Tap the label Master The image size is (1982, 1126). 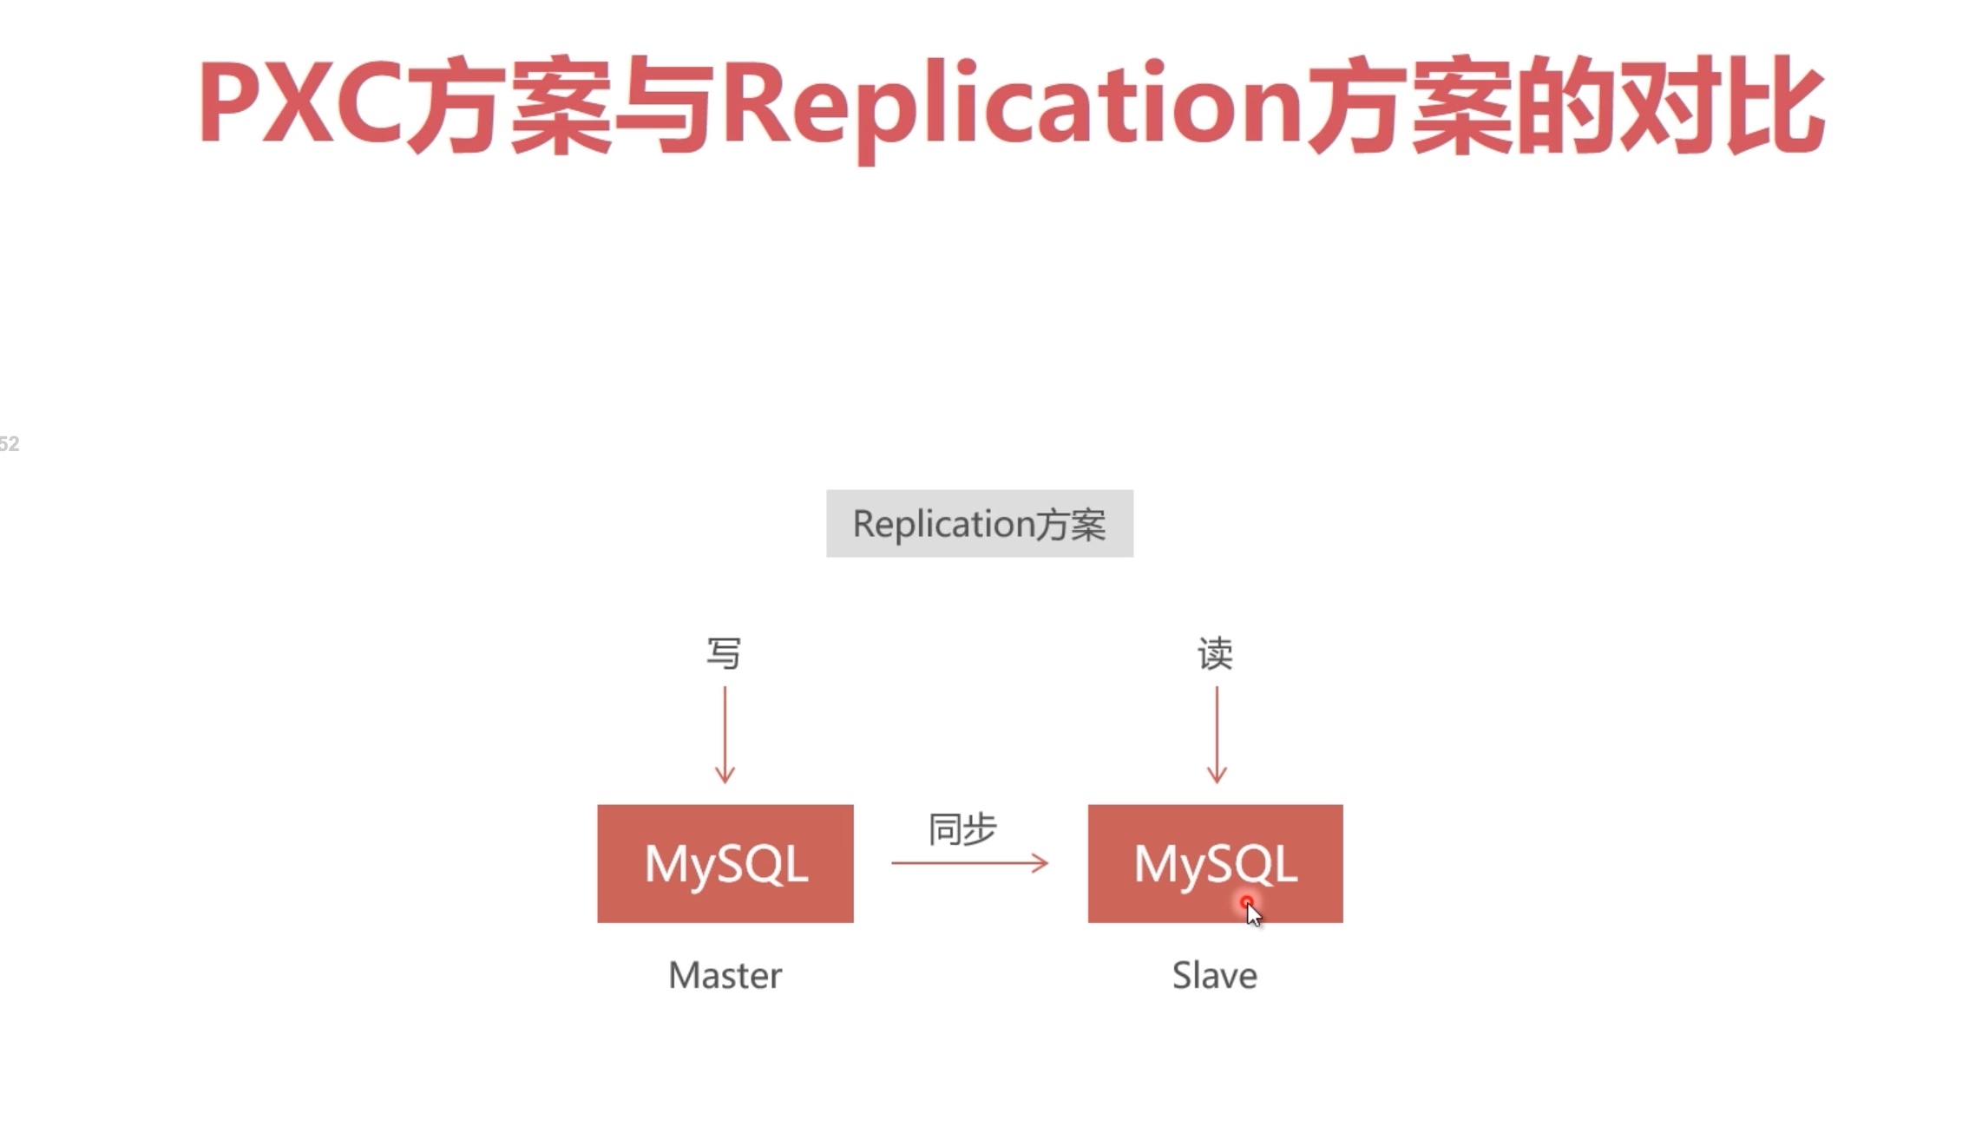[x=725, y=976]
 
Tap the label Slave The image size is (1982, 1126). [x=1214, y=976]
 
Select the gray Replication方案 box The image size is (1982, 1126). [x=979, y=523]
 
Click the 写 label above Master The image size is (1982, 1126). [x=724, y=653]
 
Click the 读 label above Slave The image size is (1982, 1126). [x=1215, y=653]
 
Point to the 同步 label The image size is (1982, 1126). [x=962, y=829]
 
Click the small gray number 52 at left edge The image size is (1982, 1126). [x=9, y=444]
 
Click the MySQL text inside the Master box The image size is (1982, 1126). [x=725, y=864]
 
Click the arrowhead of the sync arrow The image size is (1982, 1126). [x=1040, y=863]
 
